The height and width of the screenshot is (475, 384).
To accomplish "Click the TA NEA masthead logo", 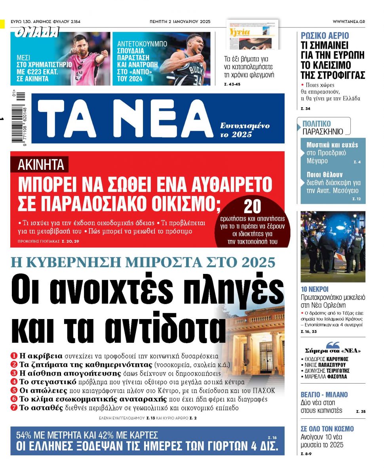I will click(127, 118).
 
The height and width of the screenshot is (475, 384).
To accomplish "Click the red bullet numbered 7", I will click(14, 408).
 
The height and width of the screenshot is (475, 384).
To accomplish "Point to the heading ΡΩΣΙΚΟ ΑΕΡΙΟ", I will click(325, 36).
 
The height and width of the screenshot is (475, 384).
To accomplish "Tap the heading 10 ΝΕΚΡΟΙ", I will click(315, 289).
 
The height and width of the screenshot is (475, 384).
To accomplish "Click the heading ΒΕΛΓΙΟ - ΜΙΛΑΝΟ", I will click(324, 395).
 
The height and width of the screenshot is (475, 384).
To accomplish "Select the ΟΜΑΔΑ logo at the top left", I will click(36, 32).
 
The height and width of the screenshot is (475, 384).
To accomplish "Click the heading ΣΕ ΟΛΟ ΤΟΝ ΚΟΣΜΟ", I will click(327, 429).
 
